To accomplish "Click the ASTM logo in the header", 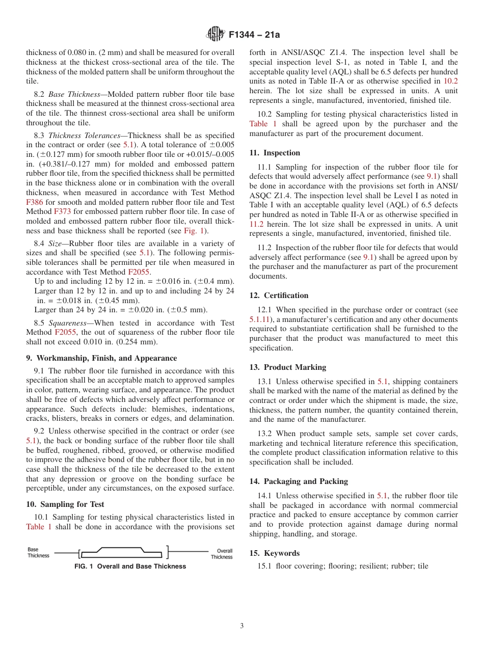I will [215, 35].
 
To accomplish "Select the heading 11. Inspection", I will [275, 153].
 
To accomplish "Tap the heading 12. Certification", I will [279, 295].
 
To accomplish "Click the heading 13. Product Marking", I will [287, 367].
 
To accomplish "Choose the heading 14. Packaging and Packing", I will [299, 481].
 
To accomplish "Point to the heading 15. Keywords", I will [274, 553].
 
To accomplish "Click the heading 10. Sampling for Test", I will [65, 504].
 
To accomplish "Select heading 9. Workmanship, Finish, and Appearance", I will [101, 358].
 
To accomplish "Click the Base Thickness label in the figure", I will [38, 553].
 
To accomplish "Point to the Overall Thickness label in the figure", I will [221, 554].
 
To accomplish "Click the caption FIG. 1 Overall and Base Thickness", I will [130, 566].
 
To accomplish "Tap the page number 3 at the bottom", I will [242, 626].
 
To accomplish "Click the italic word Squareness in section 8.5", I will [68, 323].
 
